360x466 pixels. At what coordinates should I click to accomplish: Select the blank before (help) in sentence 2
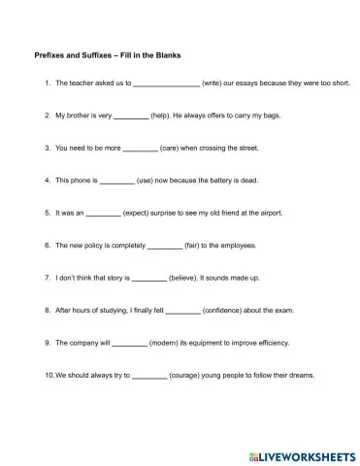(131, 116)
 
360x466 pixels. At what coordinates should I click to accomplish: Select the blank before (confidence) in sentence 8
(183, 311)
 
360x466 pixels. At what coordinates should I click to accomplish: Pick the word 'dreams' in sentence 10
(302, 376)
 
